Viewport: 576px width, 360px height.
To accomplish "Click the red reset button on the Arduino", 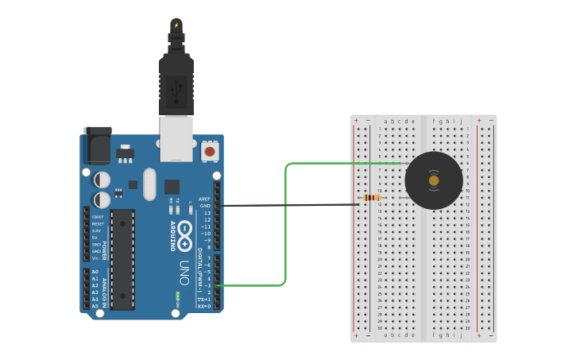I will point(210,150).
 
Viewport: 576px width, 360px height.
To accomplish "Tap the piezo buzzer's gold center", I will point(433,180).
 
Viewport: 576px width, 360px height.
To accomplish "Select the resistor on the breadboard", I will point(371,197).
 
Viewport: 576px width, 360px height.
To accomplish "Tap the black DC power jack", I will point(97,149).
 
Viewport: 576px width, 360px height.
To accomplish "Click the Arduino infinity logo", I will point(184,233).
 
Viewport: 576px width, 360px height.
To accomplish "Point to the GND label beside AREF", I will point(205,206).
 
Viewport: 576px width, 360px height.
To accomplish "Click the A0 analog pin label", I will point(95,272).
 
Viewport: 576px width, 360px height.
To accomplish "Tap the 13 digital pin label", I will point(207,213).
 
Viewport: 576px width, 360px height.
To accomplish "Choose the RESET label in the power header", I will point(98,224).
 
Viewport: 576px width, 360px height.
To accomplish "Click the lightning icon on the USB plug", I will point(176,25).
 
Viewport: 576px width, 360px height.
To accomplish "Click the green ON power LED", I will point(178,299).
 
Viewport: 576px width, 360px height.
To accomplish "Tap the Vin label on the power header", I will point(95,258).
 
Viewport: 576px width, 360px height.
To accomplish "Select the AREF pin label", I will point(204,199).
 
